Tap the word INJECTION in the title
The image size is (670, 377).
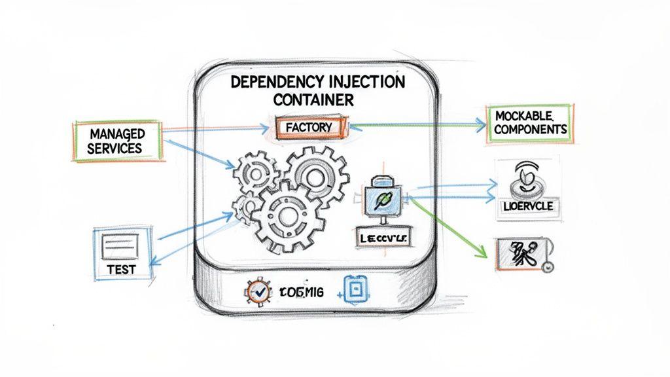[x=363, y=83]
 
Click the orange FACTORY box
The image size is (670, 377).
[x=308, y=127]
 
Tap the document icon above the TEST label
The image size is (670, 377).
[x=121, y=246]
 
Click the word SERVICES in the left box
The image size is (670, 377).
[x=115, y=149]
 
